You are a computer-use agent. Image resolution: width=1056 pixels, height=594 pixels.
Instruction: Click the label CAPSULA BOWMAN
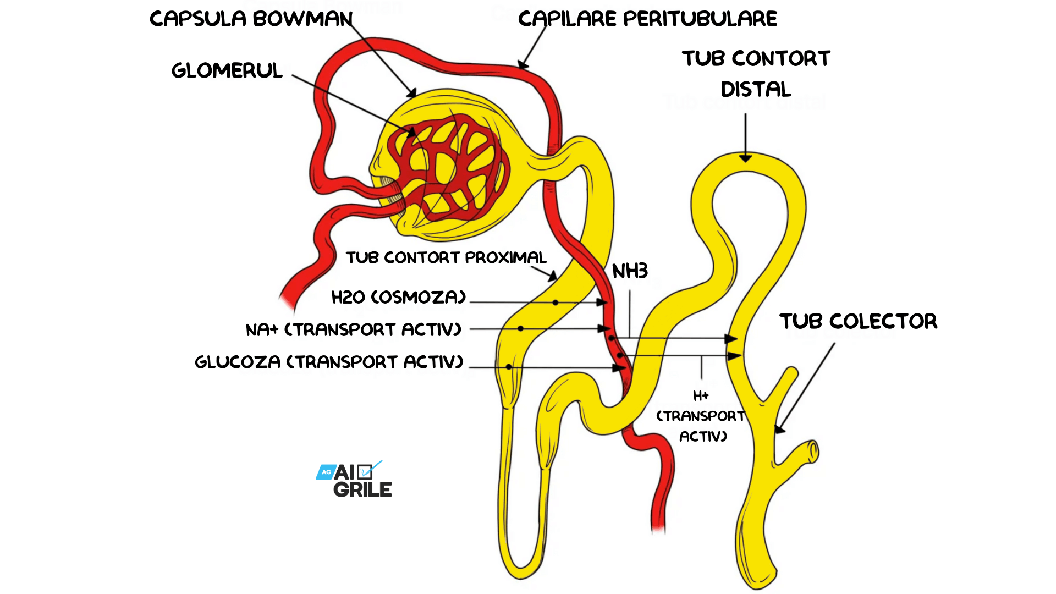click(x=251, y=19)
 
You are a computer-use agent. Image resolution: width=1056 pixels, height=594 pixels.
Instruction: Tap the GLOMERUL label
click(x=227, y=71)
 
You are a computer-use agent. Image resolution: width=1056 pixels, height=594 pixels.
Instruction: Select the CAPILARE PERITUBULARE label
click(x=647, y=19)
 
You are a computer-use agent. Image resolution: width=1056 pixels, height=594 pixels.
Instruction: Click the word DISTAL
click(x=756, y=90)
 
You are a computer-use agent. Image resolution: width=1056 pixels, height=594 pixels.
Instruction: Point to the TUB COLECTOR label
click(x=858, y=321)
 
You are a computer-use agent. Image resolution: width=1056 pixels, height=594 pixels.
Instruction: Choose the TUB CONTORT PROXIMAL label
click(x=446, y=258)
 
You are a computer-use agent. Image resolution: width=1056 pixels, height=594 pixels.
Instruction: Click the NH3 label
click(x=630, y=271)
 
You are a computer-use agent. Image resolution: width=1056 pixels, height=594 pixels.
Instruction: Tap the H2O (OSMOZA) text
click(x=399, y=298)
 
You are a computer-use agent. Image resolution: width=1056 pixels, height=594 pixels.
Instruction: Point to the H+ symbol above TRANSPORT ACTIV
click(x=701, y=396)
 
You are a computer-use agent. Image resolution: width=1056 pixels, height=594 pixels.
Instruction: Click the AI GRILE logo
click(x=355, y=480)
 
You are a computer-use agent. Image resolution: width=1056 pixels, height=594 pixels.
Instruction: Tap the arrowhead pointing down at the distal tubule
click(x=745, y=158)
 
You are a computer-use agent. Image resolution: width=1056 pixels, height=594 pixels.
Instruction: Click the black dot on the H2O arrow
click(x=555, y=302)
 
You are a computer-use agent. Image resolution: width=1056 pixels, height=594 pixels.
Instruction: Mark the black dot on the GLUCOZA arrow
click(x=509, y=367)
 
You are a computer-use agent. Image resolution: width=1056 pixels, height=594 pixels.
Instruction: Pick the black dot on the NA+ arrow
click(x=520, y=329)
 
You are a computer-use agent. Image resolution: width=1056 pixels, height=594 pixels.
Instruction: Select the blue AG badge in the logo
click(x=326, y=472)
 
